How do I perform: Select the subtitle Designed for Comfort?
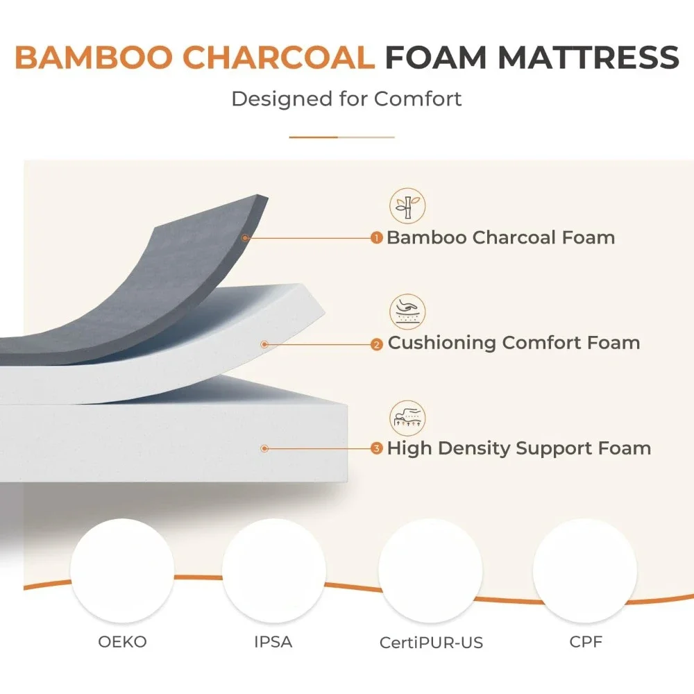pos(346,99)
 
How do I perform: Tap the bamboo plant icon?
pos(407,206)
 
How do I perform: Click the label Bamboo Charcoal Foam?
pos(500,237)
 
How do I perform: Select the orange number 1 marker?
pos(377,238)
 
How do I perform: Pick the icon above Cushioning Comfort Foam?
pos(407,312)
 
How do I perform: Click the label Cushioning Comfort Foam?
pos(514,342)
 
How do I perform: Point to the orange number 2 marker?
pos(377,344)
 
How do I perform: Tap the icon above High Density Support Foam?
pos(407,418)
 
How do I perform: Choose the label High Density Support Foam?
pos(519,448)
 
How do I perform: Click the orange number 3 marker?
pos(377,449)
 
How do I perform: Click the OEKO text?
pos(122,641)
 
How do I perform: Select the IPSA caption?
pos(273,642)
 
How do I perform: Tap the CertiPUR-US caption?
pos(431,643)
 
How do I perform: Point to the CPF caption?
pos(585,642)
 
